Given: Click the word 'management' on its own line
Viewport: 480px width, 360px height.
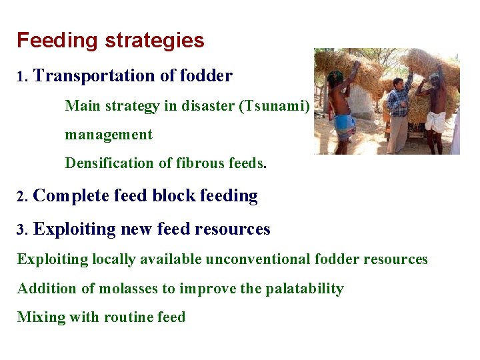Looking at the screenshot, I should click(109, 135).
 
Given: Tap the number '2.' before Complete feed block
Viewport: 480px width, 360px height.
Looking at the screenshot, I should click(23, 197).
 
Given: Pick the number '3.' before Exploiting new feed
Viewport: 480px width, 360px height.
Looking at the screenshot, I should click(23, 230).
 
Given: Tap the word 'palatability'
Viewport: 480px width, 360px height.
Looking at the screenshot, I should click(305, 289).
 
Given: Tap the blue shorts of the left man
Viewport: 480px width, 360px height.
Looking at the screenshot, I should click(345, 124).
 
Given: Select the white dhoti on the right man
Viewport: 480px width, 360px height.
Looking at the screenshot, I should click(435, 121).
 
